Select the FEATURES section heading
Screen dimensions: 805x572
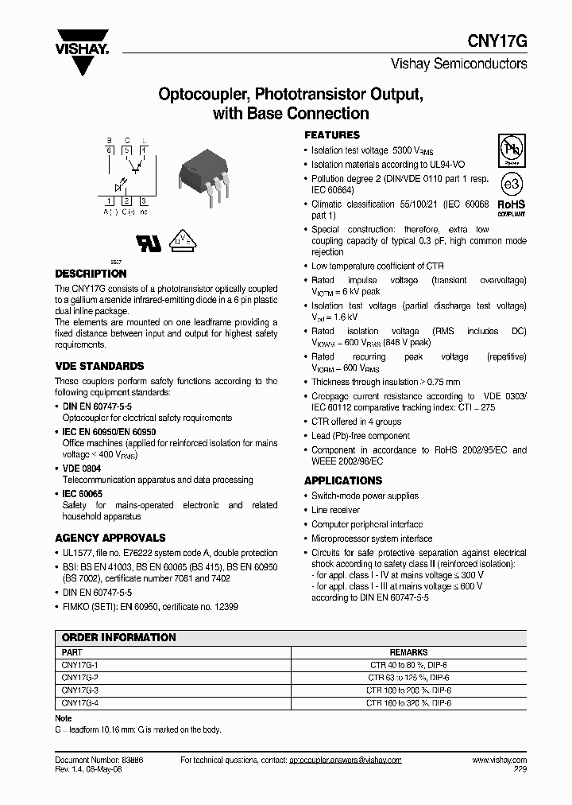[x=332, y=135]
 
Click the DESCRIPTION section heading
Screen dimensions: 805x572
[x=91, y=273]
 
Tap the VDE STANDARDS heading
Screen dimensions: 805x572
[x=99, y=366]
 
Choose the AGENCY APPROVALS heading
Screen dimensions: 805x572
[x=110, y=538]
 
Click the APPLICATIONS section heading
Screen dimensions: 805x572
[x=343, y=480]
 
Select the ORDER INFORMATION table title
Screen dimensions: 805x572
[x=118, y=637]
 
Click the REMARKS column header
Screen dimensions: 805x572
[x=408, y=652]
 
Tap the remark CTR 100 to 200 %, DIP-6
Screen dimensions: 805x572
[x=408, y=690]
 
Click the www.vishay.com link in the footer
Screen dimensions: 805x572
[x=504, y=760]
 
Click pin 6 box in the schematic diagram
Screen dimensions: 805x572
[x=109, y=149]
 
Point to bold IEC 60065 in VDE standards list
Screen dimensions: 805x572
[x=83, y=494]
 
